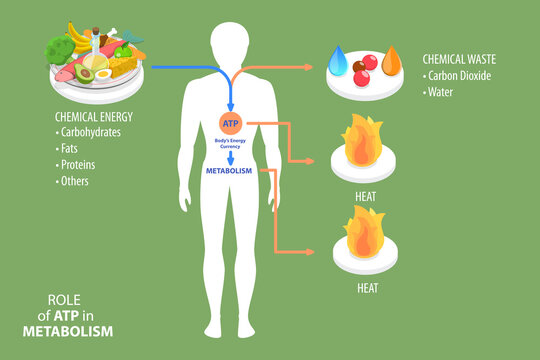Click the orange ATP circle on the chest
coord(231,123)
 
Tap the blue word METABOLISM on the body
coord(231,171)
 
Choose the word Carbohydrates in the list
coord(96,131)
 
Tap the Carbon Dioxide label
coord(466,75)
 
